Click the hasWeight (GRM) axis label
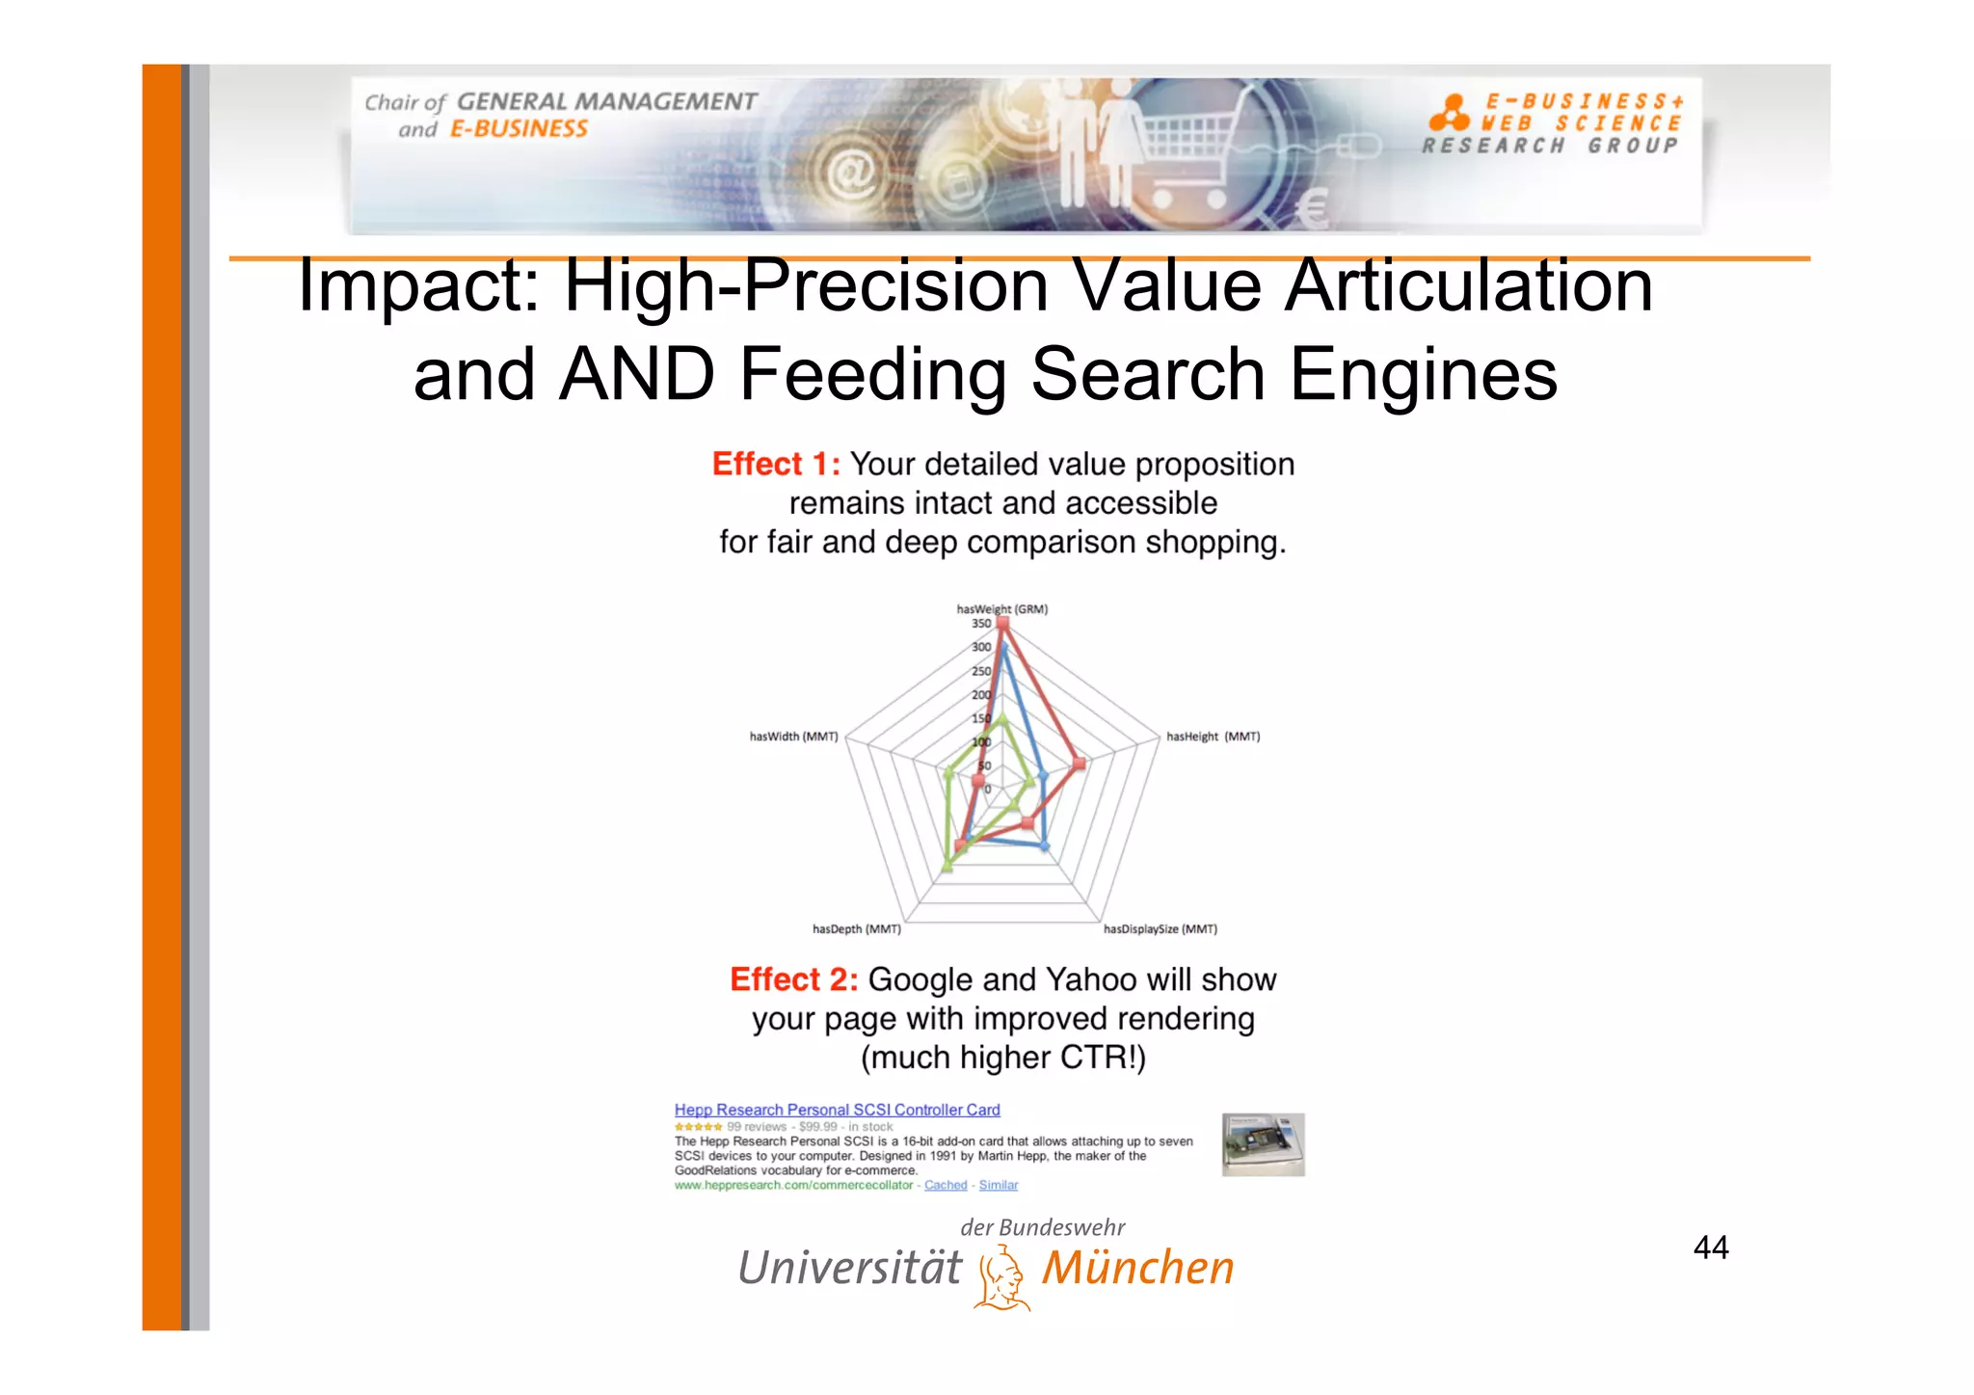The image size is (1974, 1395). click(1001, 608)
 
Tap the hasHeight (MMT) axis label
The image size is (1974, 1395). click(1213, 737)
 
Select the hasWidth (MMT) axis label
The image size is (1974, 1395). click(793, 737)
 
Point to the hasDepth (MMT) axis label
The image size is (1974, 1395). click(856, 929)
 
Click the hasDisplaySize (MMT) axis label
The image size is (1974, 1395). click(1160, 929)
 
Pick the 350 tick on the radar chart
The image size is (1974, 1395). click(980, 624)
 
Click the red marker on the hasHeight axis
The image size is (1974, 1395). click(1080, 764)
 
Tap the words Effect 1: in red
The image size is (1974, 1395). click(776, 465)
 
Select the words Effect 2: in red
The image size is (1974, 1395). click(793, 979)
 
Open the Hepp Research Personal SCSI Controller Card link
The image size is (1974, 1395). click(837, 1110)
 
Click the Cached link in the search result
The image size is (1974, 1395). click(945, 1185)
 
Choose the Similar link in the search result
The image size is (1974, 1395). click(998, 1185)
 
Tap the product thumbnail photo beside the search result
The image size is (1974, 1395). click(1263, 1144)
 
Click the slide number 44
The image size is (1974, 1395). click(1711, 1247)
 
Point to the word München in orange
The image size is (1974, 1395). click(1137, 1268)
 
